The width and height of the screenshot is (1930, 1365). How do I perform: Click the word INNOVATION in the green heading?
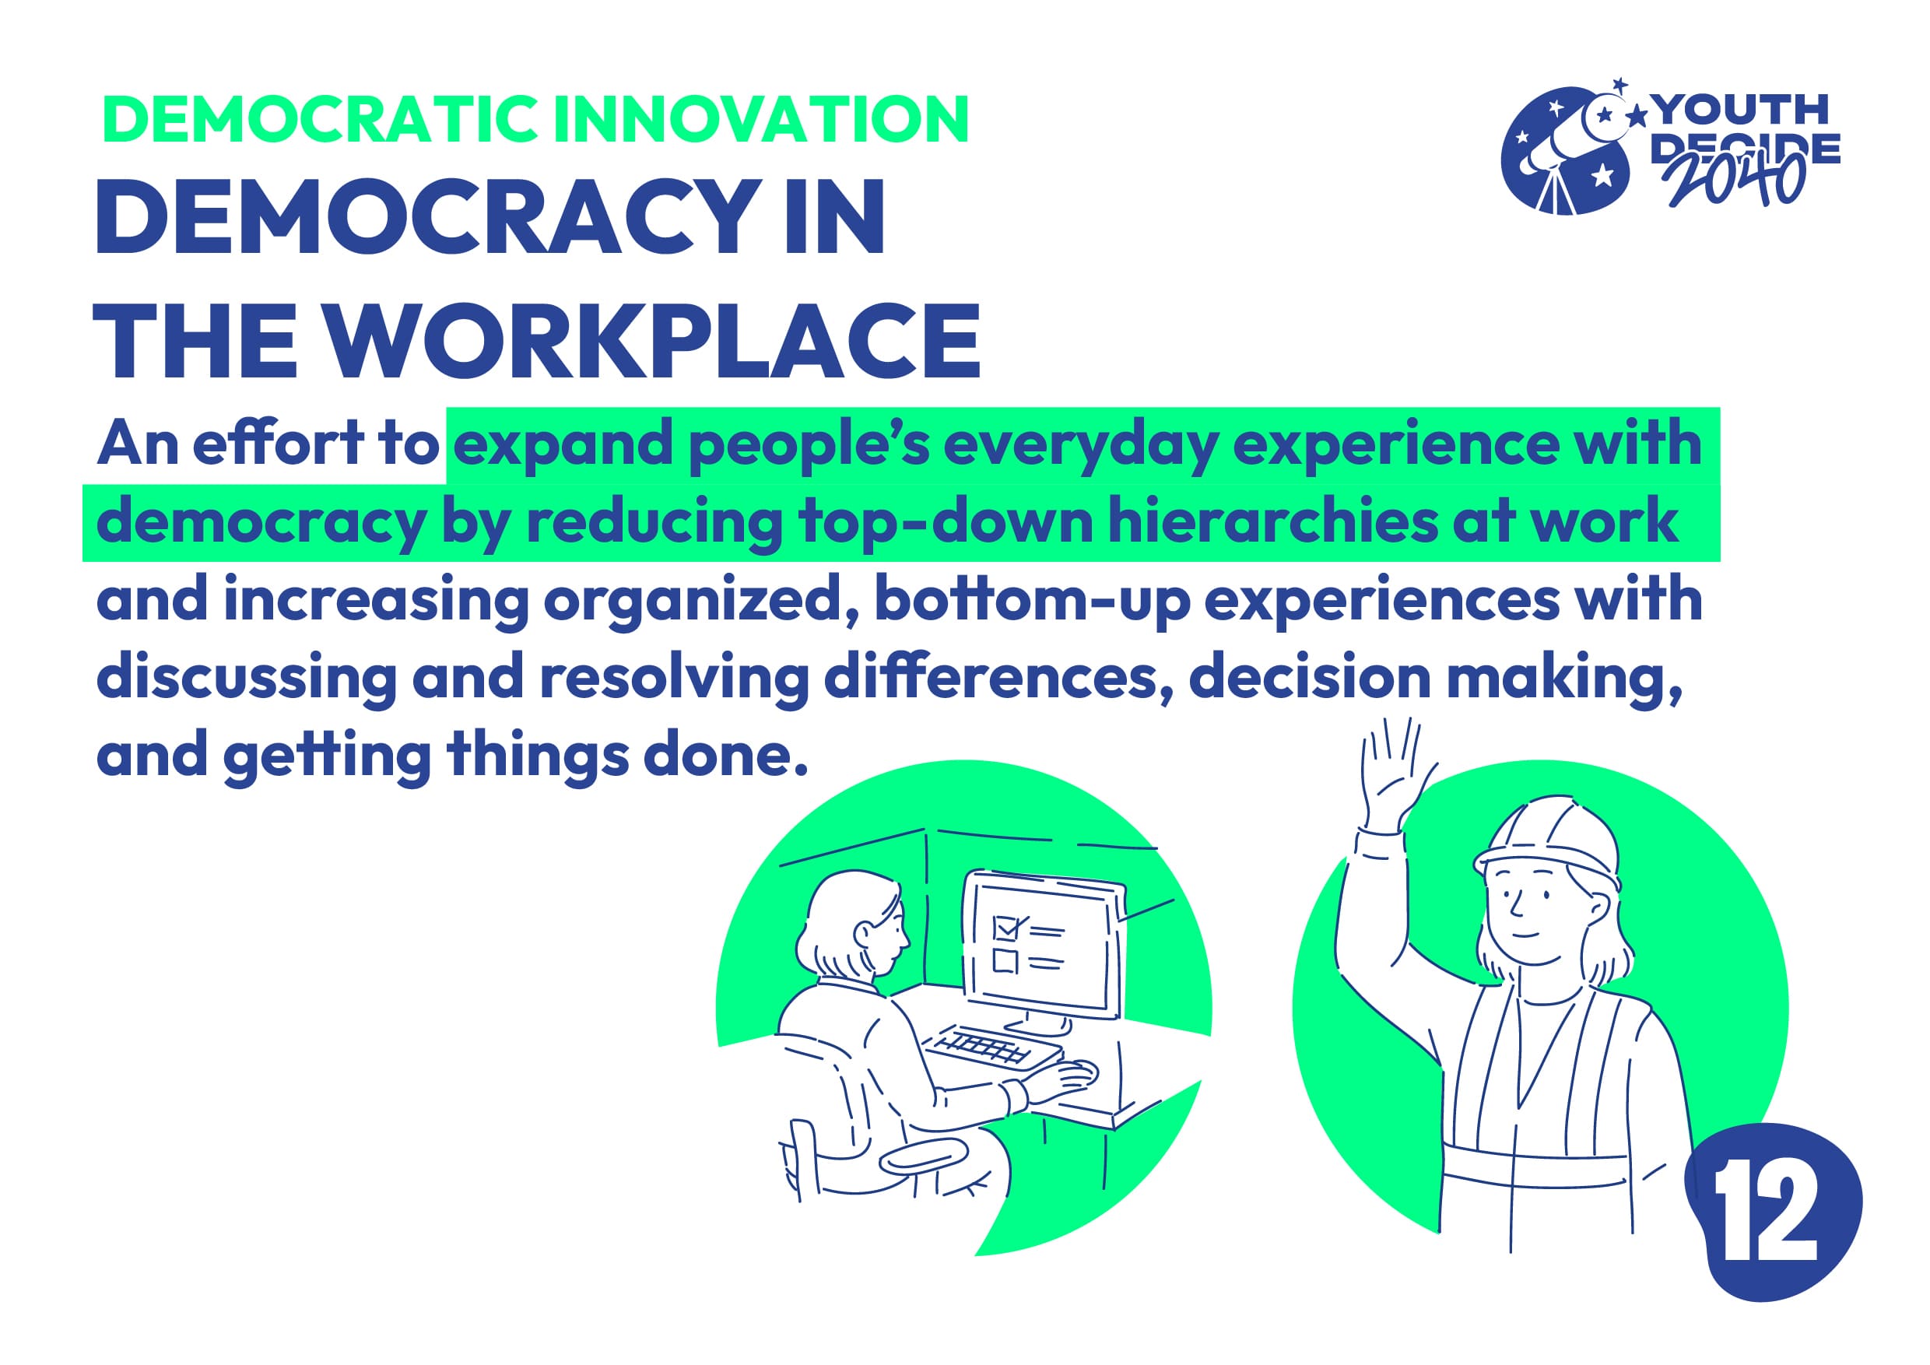(x=762, y=118)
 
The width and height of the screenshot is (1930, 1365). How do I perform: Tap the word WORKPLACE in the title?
(x=654, y=340)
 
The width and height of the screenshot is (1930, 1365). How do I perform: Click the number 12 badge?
(x=1770, y=1212)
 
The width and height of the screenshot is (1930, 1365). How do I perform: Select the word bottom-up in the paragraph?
(x=1031, y=599)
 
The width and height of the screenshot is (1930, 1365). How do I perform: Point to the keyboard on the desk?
(x=991, y=1046)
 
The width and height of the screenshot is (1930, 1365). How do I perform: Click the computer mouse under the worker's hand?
(x=1077, y=1072)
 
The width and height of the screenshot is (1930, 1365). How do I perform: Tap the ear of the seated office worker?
(x=863, y=934)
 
